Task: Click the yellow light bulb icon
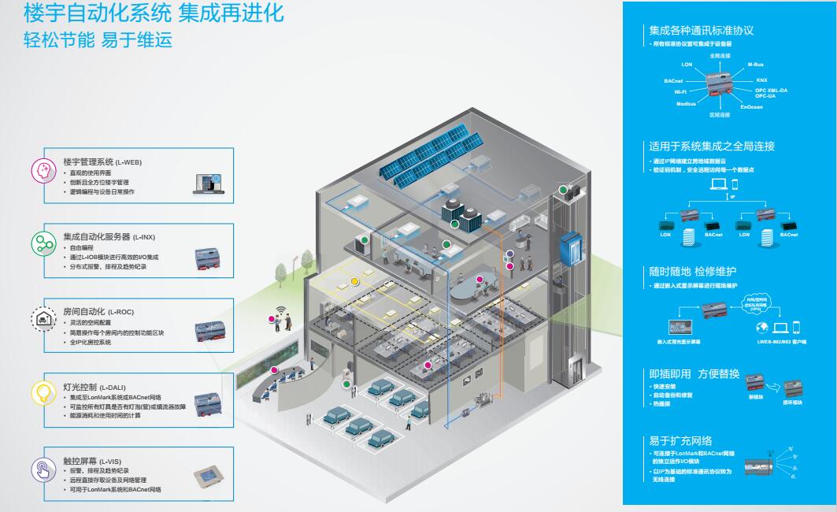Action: pos(42,392)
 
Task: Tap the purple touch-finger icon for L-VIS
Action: pos(42,469)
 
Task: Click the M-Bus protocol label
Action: pos(755,64)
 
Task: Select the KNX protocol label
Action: pos(761,80)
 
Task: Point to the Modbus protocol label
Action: pos(686,103)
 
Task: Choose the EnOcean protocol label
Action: pos(751,107)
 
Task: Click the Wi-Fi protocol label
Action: pos(680,92)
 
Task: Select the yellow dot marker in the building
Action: pos(354,280)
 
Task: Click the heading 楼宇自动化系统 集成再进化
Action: pos(154,13)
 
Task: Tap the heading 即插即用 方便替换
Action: pos(694,373)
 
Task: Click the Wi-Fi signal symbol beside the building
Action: pos(279,310)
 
